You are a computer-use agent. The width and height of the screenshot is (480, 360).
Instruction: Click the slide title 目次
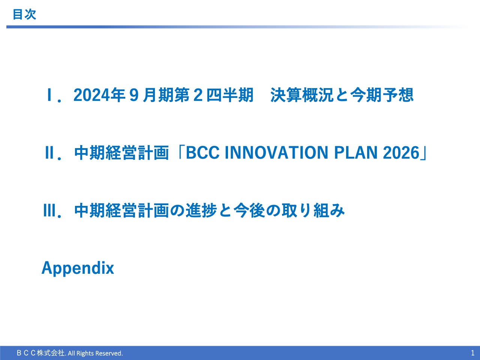click(24, 14)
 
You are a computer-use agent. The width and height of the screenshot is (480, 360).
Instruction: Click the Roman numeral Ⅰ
click(49, 95)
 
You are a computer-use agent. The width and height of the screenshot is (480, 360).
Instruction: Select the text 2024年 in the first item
click(99, 95)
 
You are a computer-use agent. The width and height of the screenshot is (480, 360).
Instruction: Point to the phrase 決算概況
click(302, 95)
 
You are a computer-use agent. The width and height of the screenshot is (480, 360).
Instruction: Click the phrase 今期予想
click(382, 95)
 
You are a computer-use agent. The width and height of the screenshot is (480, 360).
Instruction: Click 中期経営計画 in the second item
click(121, 153)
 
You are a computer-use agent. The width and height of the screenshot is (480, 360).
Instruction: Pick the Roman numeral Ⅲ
click(49, 211)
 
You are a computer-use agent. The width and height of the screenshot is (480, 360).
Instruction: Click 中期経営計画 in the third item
click(121, 211)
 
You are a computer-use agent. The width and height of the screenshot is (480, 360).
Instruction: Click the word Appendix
click(78, 268)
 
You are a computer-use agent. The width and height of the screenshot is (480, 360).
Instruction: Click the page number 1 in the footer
click(472, 353)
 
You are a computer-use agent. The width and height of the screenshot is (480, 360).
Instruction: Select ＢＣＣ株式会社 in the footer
click(41, 353)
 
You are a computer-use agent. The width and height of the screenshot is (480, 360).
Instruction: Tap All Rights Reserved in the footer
click(95, 353)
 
